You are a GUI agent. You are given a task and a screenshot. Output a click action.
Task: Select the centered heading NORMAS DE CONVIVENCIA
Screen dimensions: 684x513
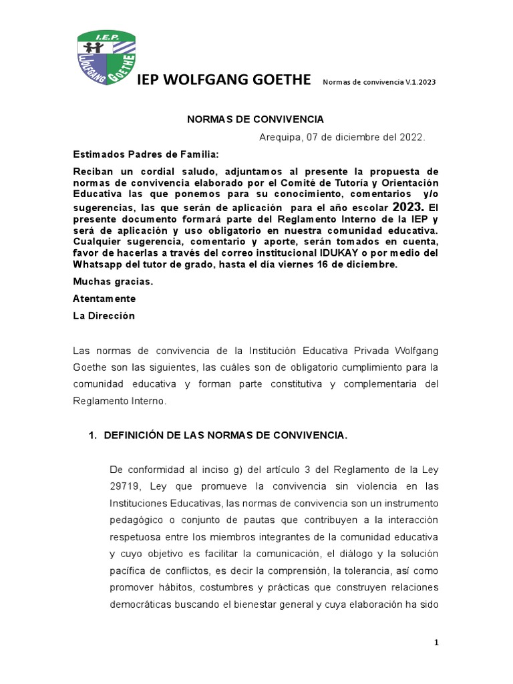tap(254, 119)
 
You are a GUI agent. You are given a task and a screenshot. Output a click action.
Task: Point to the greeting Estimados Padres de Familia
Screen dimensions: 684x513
tap(136, 155)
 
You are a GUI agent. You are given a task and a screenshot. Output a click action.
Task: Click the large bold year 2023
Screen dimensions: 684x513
tap(407, 206)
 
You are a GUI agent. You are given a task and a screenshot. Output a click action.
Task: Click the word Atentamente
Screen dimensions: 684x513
tap(104, 299)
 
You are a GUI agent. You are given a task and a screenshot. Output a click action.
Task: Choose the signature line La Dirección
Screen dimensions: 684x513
tap(104, 316)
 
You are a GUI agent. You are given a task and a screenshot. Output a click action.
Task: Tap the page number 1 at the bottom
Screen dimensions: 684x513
tap(436, 643)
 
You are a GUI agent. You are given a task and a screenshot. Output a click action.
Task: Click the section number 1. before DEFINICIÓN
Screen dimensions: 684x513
tap(94, 436)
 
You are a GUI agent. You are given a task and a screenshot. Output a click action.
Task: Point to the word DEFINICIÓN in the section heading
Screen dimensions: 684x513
tap(138, 436)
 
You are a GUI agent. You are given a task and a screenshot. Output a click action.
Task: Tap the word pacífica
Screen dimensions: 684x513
tap(126, 571)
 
